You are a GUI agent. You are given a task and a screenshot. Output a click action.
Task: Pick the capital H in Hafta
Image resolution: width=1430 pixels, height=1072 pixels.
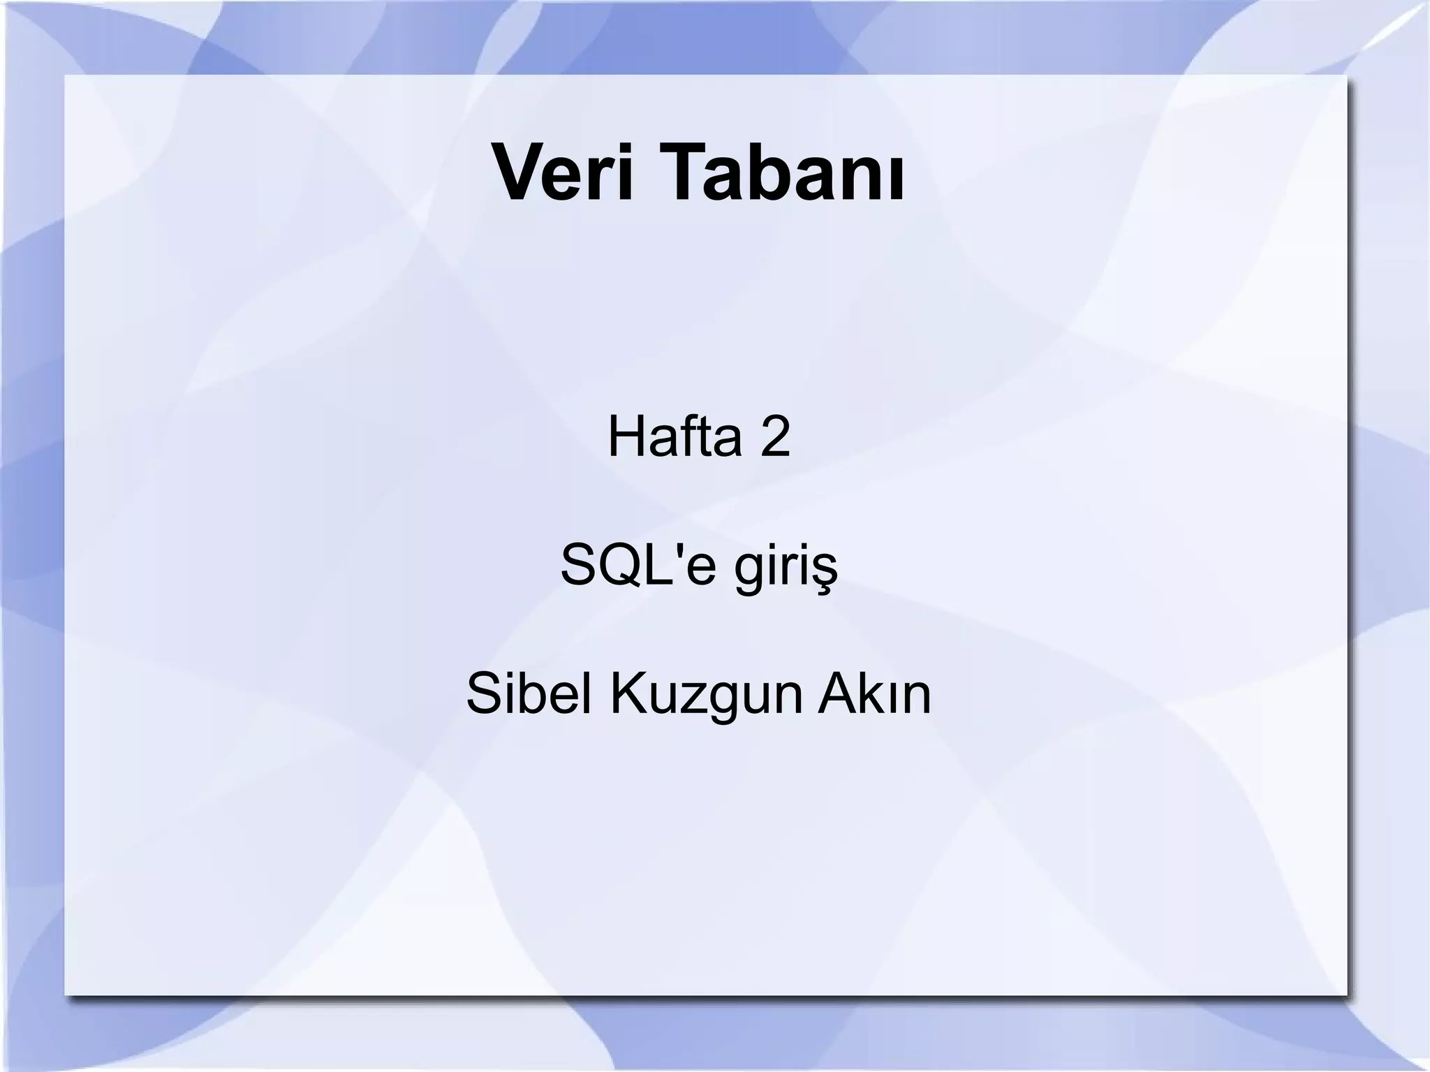pos(624,436)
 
